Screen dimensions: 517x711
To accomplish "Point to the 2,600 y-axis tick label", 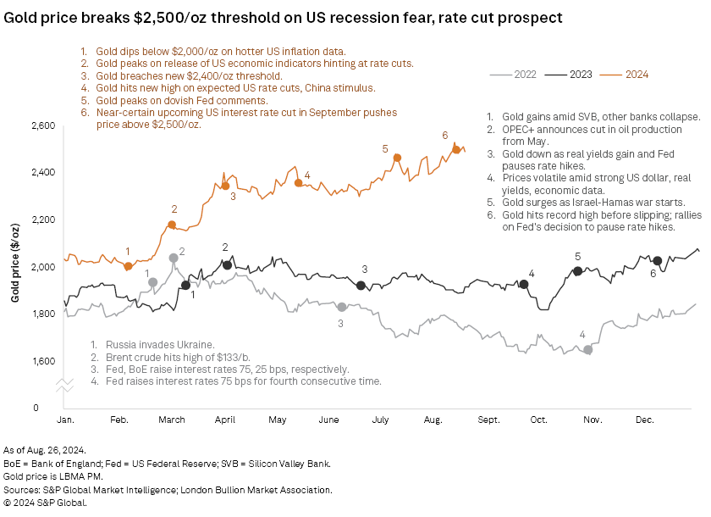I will (42, 125).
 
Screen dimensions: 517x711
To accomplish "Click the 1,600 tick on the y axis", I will (42, 361).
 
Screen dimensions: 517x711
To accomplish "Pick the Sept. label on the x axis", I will (489, 420).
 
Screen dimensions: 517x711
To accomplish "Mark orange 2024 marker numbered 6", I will (456, 150).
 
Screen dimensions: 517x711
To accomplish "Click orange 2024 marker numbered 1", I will (128, 266).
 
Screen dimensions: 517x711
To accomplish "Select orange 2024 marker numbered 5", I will (397, 158).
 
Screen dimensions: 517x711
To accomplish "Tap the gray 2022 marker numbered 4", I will (588, 349).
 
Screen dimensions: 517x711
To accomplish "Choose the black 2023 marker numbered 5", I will (578, 271).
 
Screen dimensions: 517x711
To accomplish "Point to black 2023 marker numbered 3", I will (361, 286).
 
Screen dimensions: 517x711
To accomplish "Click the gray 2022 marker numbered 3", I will (342, 307).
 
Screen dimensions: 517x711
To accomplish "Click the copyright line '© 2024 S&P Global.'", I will (45, 503).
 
